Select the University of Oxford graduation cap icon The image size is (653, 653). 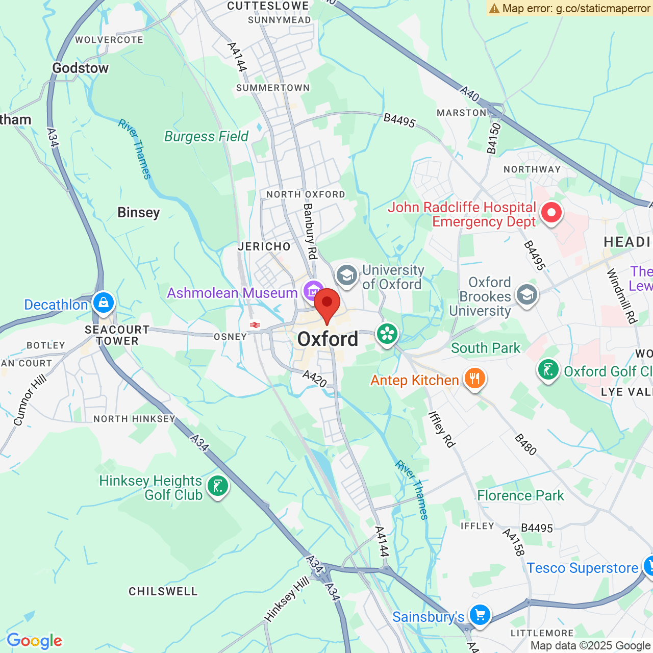pos(346,275)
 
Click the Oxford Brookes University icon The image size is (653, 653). pos(526,295)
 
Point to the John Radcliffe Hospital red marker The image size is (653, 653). pos(551,212)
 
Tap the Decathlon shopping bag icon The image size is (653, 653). pos(104,303)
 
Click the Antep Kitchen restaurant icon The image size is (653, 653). pos(474,379)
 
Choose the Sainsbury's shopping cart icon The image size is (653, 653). pos(480,615)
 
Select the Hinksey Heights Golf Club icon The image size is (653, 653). pos(218,486)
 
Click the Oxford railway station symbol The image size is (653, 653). pos(255,325)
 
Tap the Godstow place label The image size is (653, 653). pos(81,68)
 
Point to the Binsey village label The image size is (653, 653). pos(139,213)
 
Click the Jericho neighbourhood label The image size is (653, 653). pos(264,247)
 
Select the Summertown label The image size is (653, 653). pos(273,88)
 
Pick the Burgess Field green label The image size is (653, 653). pos(206,137)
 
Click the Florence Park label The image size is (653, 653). pos(520,496)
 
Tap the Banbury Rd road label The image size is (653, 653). pos(310,231)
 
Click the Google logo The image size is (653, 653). pos(34,641)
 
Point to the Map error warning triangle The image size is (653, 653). pos(494,8)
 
